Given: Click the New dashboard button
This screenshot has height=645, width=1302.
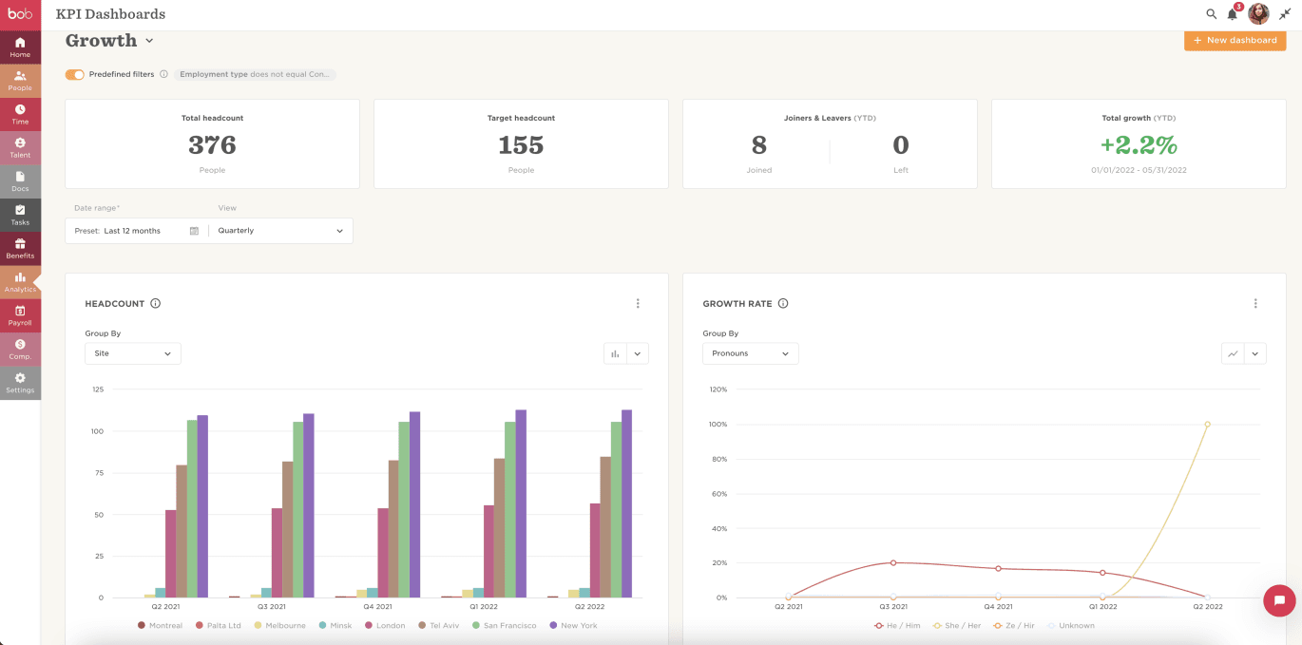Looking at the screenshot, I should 1235,41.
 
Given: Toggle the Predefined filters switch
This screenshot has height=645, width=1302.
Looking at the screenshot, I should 74,74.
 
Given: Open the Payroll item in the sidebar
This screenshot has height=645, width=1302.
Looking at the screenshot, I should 20,315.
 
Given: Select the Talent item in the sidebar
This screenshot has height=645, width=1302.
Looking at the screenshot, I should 20,147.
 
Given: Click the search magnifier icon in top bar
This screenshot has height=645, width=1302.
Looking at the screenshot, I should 1211,14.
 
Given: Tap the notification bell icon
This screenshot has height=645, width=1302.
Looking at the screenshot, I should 1233,14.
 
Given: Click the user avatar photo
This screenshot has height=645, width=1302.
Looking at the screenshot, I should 1258,14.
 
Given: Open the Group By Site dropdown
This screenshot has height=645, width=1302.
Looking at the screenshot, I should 133,353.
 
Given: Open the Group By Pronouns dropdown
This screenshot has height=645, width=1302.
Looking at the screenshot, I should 750,353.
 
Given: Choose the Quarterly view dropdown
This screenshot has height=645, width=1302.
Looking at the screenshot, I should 280,231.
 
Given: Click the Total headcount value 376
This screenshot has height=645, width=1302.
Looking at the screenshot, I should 212,145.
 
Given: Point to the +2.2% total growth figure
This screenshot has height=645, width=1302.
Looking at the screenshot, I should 1138,145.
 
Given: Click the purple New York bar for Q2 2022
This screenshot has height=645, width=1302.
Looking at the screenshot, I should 626,503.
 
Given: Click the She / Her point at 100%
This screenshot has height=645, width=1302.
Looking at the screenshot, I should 1207,425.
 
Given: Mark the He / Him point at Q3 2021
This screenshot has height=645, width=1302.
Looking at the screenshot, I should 893,563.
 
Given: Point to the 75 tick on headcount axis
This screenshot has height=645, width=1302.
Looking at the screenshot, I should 98,473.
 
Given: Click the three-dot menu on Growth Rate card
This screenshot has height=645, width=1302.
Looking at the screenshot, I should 1255,304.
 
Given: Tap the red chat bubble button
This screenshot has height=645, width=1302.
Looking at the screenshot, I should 1279,600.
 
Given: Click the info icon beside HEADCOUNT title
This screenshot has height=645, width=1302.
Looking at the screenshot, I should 156,304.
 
